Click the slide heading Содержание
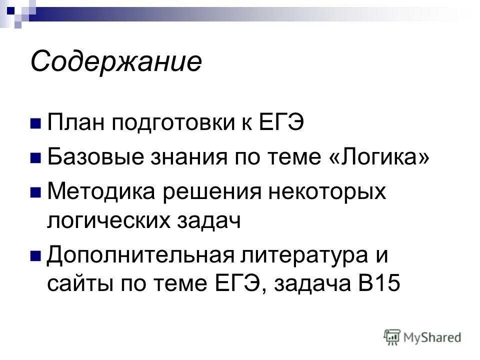pyautogui.click(x=115, y=61)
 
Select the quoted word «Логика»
pyautogui.click(x=378, y=158)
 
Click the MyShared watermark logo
pyautogui.click(x=422, y=336)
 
